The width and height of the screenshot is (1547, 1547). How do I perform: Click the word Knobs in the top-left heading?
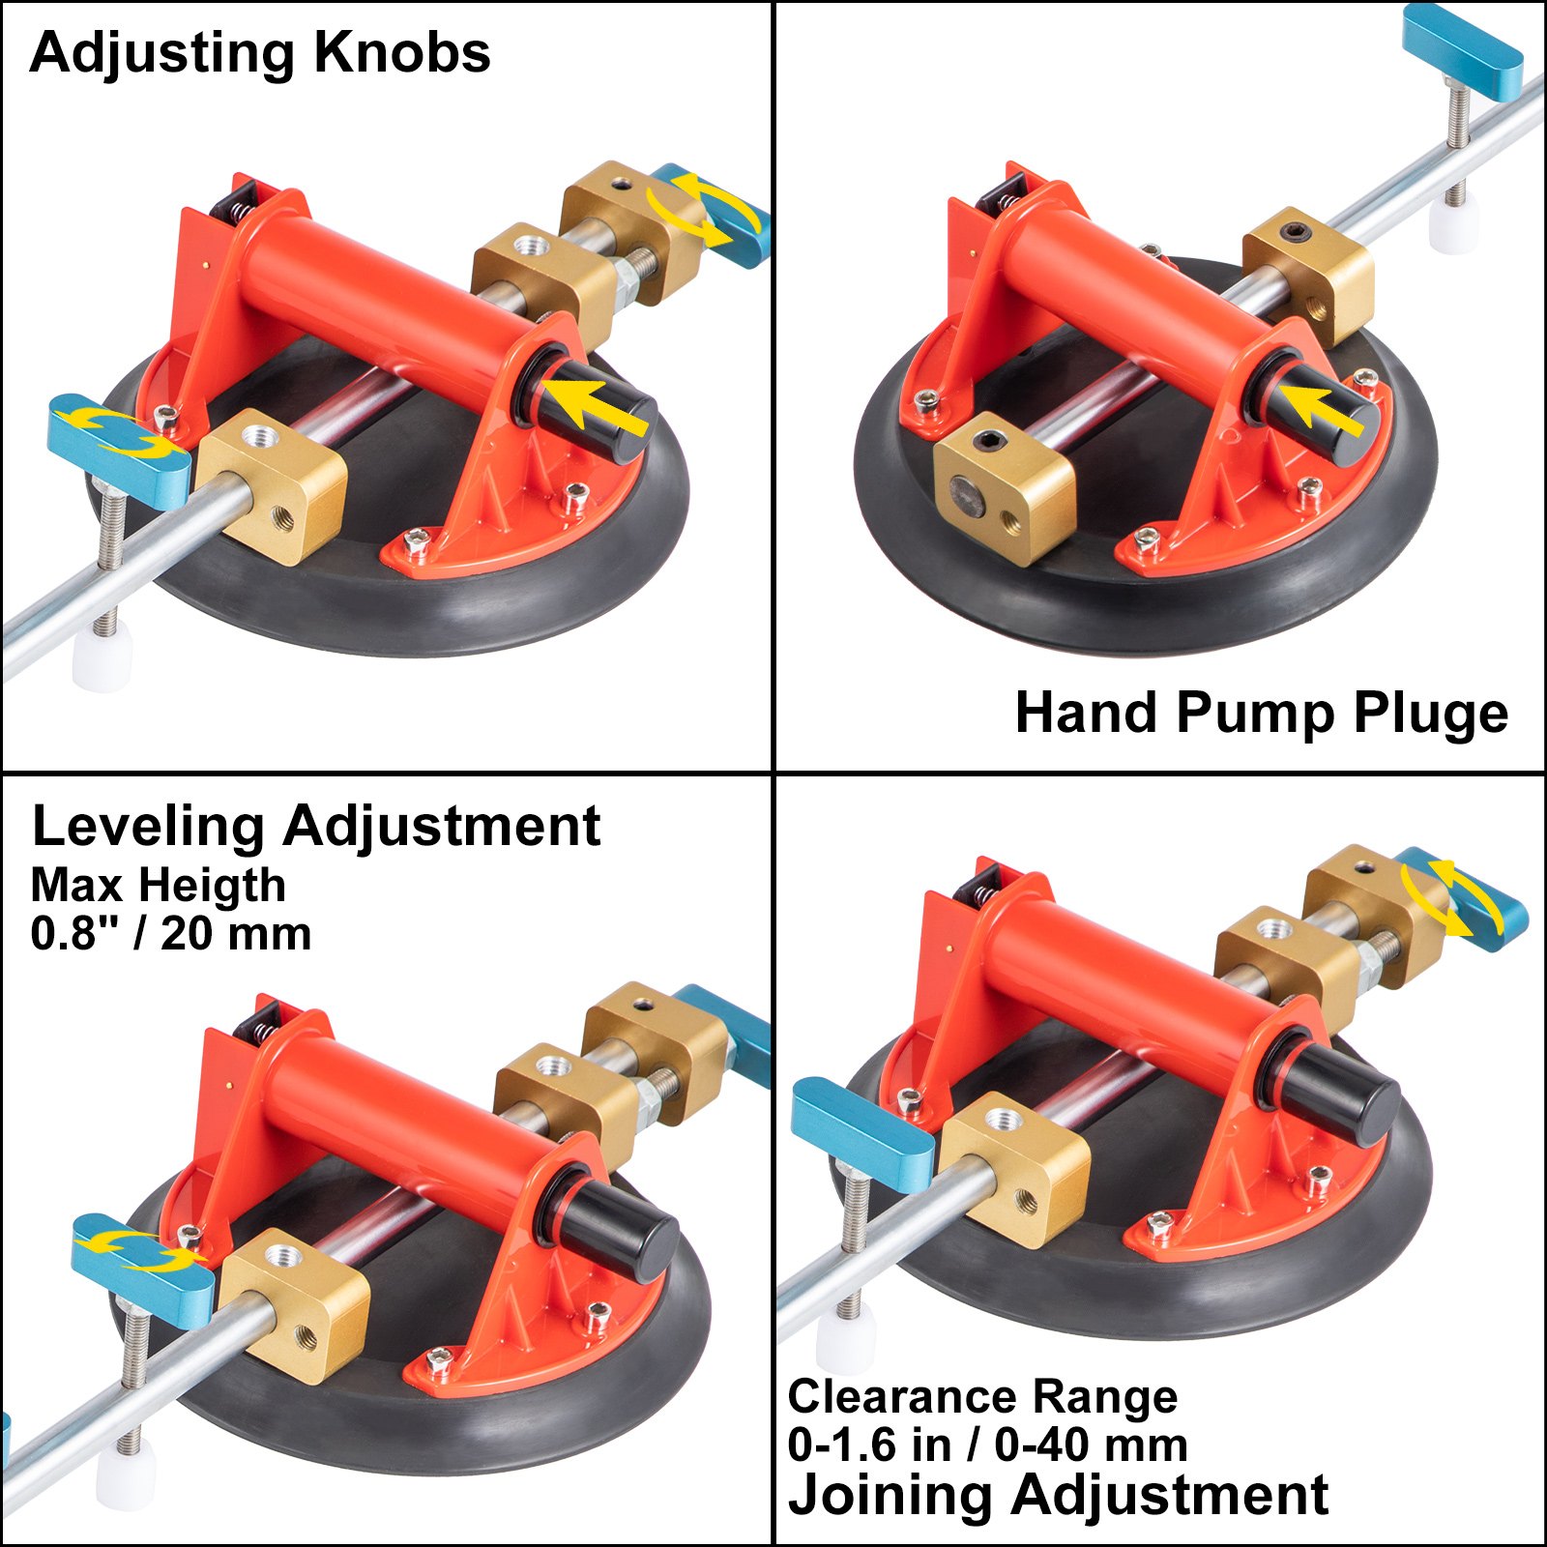[402, 52]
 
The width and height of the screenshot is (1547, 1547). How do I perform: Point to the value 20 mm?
[236, 934]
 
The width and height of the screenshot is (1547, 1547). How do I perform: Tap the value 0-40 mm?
[1091, 1445]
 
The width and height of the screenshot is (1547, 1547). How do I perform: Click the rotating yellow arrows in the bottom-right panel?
[1450, 897]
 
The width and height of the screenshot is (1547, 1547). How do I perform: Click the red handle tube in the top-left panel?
[387, 290]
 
